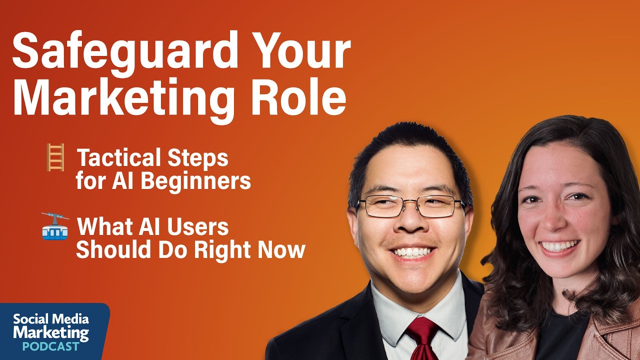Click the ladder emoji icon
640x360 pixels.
(55, 157)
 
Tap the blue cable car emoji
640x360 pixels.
(55, 226)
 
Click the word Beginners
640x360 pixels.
(195, 180)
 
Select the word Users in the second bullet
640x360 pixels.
(197, 226)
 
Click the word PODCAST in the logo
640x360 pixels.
(51, 346)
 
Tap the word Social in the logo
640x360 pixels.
(30, 319)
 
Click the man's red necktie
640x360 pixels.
(422, 338)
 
